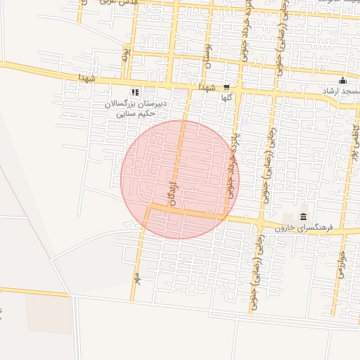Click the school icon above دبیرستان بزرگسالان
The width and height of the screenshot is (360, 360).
(135, 91)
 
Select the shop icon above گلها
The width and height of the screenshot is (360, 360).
(226, 88)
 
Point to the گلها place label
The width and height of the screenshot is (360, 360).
(226, 99)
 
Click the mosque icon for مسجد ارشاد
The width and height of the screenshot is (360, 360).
(342, 80)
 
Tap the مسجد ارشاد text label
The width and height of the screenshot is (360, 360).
(340, 91)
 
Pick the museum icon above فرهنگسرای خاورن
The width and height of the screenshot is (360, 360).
(303, 215)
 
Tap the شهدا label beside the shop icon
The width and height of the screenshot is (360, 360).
(206, 88)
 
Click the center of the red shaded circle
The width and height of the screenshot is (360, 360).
(180, 179)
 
